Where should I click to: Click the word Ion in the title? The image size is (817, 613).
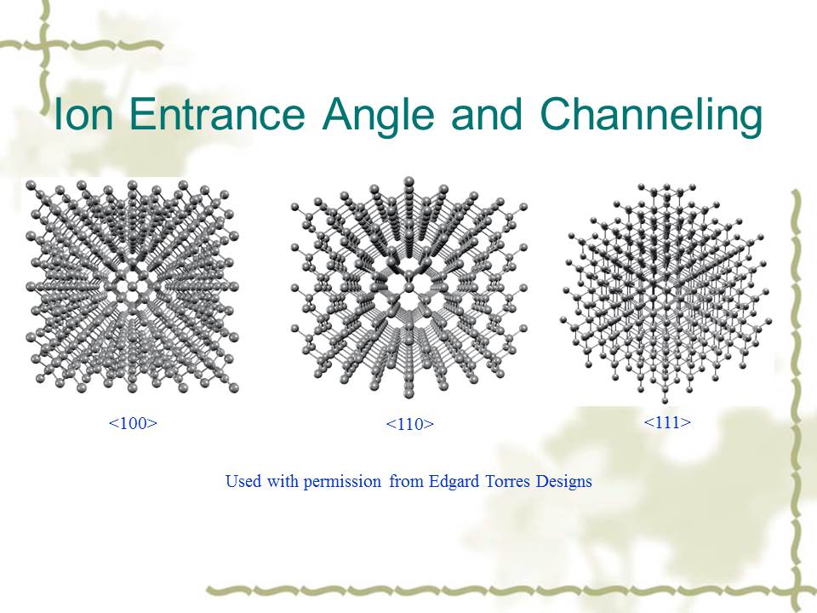(x=84, y=114)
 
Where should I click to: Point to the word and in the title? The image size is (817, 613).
(x=487, y=114)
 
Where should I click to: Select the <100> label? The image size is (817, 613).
(x=133, y=423)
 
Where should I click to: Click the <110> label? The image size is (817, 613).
(x=409, y=424)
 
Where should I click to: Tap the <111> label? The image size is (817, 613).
(x=667, y=421)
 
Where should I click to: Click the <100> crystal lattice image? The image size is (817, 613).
(x=133, y=286)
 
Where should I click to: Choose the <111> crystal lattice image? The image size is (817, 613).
(x=666, y=293)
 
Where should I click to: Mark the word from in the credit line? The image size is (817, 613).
(x=407, y=480)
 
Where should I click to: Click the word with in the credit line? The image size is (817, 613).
(x=282, y=480)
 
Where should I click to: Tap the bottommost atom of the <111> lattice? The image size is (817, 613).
(x=665, y=401)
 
